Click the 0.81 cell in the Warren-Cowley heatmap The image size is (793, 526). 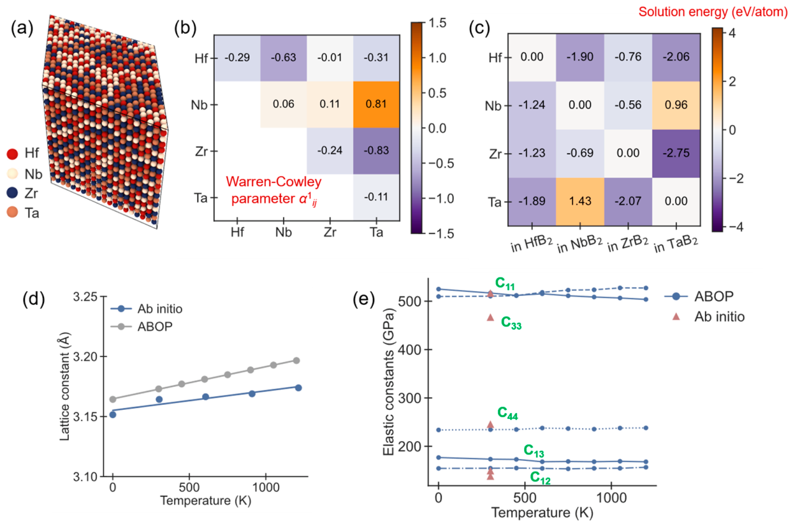pos(376,105)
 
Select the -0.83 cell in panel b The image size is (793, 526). pos(376,151)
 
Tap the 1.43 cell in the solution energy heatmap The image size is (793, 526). pos(580,201)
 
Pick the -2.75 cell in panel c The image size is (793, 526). pos(676,153)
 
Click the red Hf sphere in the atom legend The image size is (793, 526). pos(12,154)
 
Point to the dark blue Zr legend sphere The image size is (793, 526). pos(12,193)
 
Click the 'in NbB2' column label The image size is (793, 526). pos(579,245)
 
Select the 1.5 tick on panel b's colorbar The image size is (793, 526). pos(437,24)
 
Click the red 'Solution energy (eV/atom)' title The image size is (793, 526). pos(713,12)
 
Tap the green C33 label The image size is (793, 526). pos(511,323)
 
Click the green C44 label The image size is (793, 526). pos(507,413)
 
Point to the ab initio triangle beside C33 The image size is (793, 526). pos(490,317)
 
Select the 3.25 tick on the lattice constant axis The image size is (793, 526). pos(85,296)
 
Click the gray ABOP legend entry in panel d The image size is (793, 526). pos(142,326)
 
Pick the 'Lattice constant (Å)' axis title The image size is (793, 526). pos(64,386)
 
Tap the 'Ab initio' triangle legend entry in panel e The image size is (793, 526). pos(708,316)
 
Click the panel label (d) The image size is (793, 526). pos(34,299)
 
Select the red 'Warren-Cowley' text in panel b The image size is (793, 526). pos(273,182)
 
